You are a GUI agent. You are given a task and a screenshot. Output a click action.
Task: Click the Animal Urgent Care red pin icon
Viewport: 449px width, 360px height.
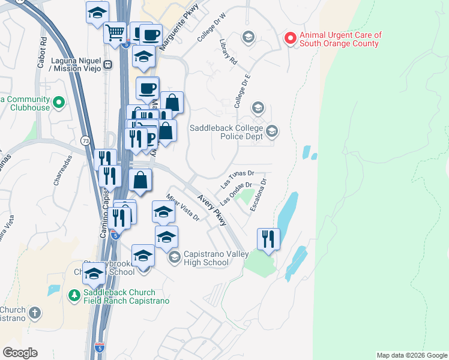(291, 39)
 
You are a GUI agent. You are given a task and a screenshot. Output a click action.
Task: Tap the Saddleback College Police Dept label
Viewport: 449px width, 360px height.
(227, 133)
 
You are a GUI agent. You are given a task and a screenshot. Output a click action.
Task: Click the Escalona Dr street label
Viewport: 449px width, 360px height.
(259, 194)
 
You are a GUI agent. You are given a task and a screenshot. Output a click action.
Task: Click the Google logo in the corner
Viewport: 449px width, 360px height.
(20, 353)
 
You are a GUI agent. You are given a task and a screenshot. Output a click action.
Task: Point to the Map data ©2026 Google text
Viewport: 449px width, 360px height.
(411, 355)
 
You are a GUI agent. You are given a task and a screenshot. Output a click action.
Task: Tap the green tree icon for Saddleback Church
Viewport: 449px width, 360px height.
(74, 295)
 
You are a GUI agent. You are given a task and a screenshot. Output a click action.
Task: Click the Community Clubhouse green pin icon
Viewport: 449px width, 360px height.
(58, 103)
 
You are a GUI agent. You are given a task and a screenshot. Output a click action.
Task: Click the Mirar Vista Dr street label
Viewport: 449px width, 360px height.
(183, 212)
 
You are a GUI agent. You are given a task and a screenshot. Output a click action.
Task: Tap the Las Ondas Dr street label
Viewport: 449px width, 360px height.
(235, 193)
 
